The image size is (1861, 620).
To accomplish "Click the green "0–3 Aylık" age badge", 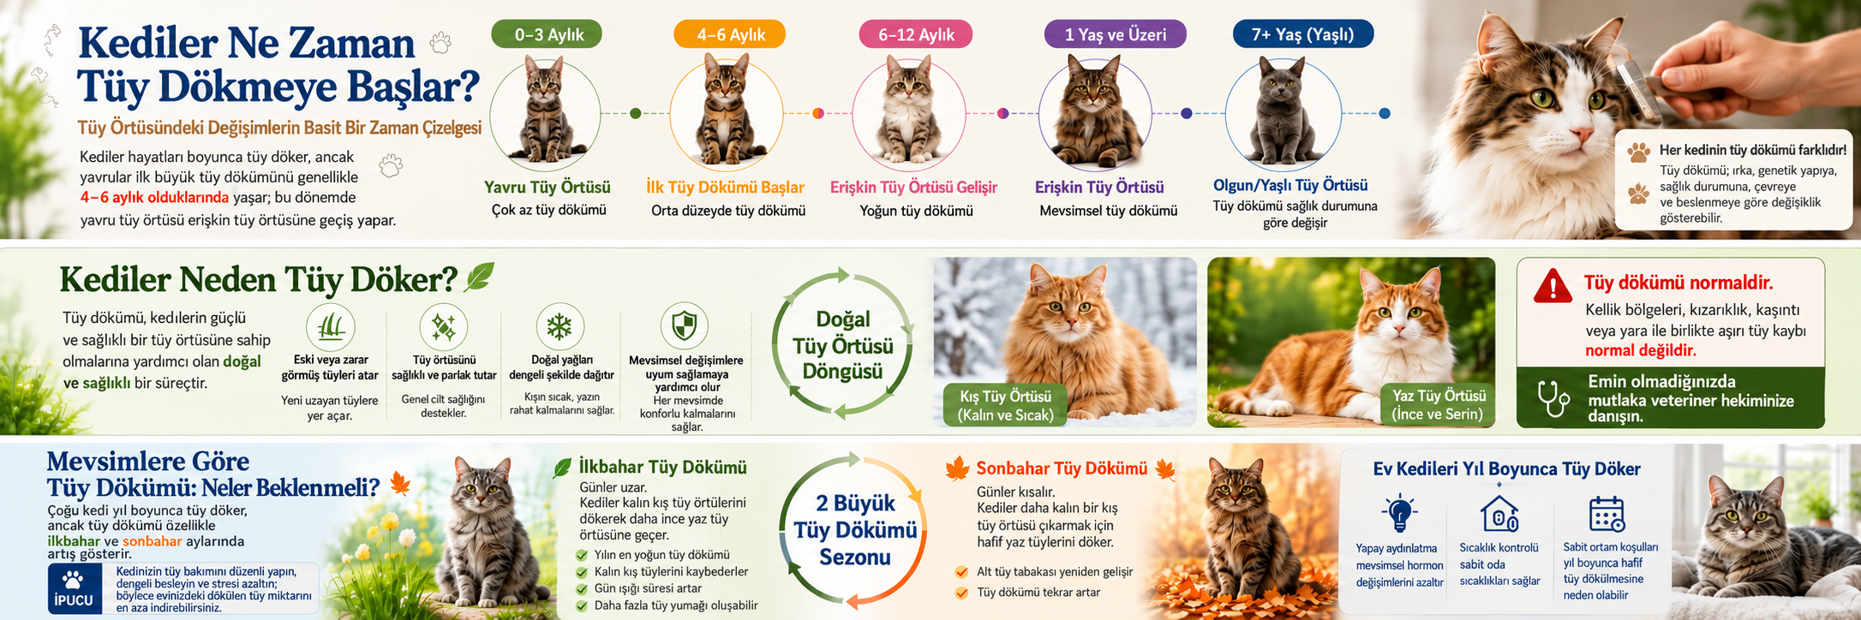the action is pos(547,34).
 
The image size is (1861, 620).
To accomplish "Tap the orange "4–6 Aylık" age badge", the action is pos(730,34).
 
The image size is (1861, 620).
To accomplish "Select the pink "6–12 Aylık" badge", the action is pos(916,34).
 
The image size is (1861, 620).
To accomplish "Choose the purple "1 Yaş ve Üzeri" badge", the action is pos(1116,34).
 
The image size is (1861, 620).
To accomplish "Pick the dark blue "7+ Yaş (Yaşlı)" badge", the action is pos(1302,34).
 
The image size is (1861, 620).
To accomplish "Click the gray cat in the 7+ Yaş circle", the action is pos(1282,110).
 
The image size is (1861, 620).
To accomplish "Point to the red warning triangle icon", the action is pos(1553,286).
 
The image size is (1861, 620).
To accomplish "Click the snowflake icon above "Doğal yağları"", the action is pos(560,326).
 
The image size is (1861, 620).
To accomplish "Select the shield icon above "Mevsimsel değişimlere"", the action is pos(685,326).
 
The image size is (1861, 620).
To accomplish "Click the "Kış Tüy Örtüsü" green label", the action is pos(1005,406).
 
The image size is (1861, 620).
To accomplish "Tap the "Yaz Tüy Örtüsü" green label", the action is pos(1439,405).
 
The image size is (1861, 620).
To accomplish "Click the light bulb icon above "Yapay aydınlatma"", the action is pos(1400,513).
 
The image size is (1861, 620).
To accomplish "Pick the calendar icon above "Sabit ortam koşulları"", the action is pos(1607,514).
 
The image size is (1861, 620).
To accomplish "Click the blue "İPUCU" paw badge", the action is pos(74,588).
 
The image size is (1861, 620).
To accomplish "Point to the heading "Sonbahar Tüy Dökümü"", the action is pos(1062,468).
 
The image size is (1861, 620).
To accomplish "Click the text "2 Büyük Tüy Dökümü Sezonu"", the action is pos(855,530).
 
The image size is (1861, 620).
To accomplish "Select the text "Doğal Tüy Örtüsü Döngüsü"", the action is pos(843,345).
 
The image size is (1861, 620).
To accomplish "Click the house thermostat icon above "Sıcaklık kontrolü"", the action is pos(1499,514).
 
